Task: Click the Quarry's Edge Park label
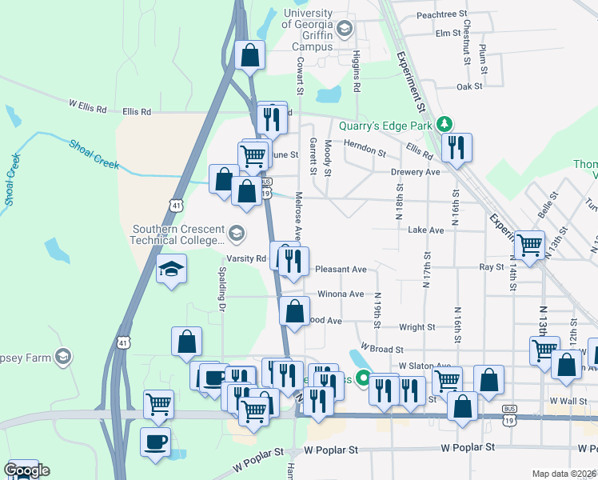pos(385,125)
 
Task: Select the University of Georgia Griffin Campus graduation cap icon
pos(345,30)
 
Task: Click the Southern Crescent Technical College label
pos(178,234)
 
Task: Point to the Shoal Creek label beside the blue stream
pos(94,154)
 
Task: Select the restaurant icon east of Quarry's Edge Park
pos(456,148)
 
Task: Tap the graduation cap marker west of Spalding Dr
pos(171,269)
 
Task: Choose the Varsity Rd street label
pos(250,258)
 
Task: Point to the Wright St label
pos(417,327)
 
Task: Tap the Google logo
pos(26,470)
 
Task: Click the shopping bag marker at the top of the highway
pos(249,56)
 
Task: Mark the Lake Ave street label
pos(425,230)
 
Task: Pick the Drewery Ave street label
pos(415,172)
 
